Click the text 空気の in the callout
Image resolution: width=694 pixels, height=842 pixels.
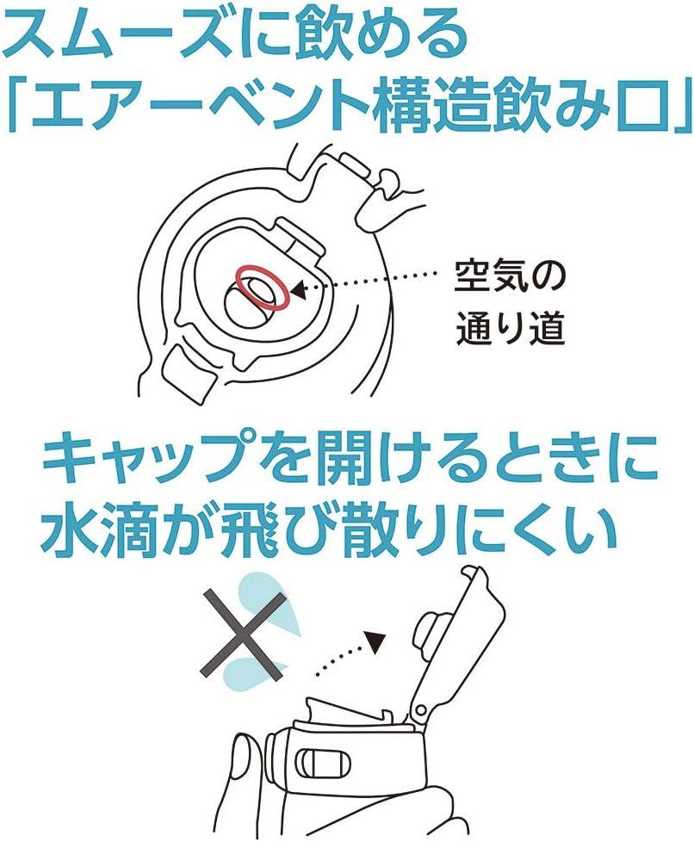[509, 277]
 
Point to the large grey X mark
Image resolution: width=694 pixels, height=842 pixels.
[242, 635]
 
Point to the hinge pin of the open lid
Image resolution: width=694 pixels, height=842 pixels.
[419, 711]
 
